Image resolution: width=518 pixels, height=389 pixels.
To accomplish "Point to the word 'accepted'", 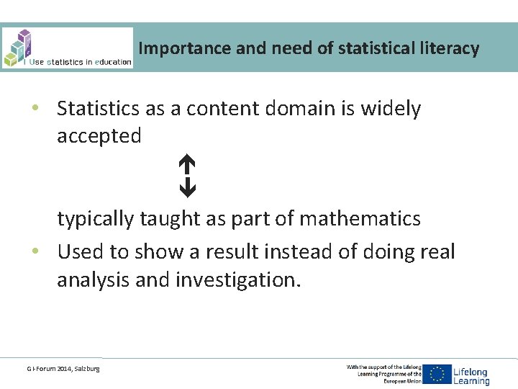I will pos(99,135).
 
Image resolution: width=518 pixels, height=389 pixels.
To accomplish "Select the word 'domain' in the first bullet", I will pos(304,109).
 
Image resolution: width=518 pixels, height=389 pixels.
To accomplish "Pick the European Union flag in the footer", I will pos(437,375).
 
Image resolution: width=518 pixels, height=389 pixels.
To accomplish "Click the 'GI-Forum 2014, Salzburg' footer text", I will pos(63,369).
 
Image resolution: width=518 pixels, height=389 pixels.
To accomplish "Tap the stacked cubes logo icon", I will pos(19,47).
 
